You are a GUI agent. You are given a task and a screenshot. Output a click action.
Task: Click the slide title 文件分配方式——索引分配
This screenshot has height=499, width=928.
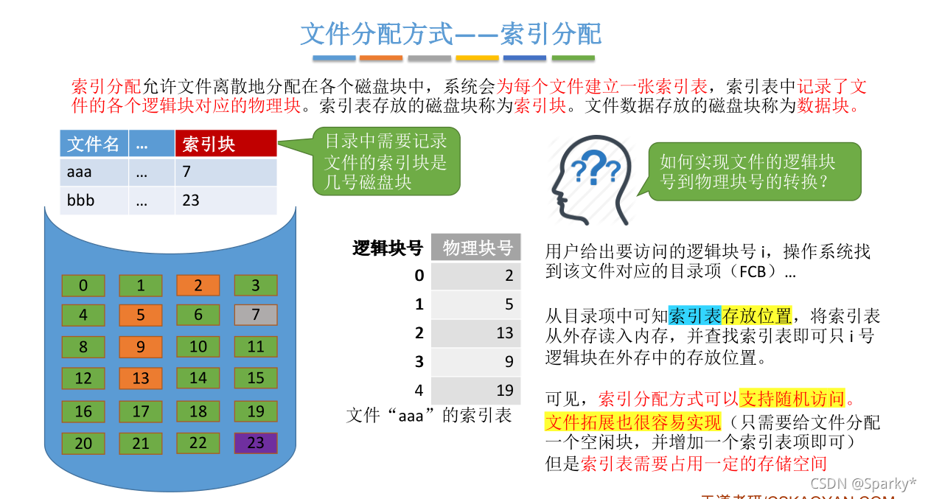click(x=451, y=33)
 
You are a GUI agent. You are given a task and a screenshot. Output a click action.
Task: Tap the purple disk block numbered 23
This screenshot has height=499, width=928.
click(x=256, y=443)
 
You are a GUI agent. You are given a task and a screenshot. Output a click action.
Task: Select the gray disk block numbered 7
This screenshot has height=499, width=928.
click(x=256, y=315)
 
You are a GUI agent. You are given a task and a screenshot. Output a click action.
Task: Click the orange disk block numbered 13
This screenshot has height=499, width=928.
click(x=141, y=378)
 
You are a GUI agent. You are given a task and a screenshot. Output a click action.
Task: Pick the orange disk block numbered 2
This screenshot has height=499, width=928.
click(x=198, y=285)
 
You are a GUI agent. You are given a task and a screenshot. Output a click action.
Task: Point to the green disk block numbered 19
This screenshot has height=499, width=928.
click(x=256, y=411)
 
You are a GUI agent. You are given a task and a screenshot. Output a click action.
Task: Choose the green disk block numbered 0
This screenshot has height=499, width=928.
click(x=83, y=285)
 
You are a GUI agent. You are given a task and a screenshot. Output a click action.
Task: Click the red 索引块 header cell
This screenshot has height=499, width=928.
click(x=226, y=144)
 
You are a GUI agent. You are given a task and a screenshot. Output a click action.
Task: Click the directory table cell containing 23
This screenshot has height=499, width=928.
click(x=226, y=200)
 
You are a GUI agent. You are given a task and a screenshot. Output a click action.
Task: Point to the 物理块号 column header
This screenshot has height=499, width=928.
click(x=477, y=248)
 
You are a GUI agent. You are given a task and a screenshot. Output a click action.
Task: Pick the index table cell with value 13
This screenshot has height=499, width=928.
click(x=476, y=333)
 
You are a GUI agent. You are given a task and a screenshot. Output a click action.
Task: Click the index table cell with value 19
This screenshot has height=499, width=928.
click(x=476, y=391)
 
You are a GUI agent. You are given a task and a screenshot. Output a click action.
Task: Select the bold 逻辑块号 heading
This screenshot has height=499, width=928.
click(x=388, y=248)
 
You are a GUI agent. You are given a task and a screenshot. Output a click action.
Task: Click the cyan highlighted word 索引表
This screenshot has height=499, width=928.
click(x=694, y=316)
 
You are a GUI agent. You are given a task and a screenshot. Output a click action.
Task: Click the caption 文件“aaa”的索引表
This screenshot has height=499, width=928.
click(x=429, y=416)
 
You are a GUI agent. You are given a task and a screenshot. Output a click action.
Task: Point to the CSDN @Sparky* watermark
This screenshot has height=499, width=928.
click(x=863, y=484)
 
